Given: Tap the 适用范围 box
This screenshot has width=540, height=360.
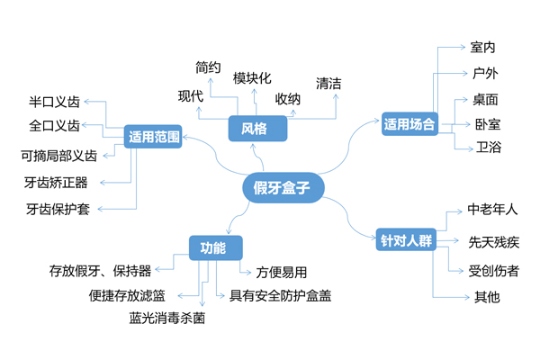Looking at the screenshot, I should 155,138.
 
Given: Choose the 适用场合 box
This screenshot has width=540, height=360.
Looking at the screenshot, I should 409,124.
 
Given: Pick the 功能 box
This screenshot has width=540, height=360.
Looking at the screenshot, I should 213,247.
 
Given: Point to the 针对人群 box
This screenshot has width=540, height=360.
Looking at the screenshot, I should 405,241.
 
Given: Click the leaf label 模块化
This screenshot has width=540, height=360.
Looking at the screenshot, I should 252,78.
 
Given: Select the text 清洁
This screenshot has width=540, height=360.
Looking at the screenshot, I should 328,83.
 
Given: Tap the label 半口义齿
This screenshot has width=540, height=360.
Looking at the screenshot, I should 54,101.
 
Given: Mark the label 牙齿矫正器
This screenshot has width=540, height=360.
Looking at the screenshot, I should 56,182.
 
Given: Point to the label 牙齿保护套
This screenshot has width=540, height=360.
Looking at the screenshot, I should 58,209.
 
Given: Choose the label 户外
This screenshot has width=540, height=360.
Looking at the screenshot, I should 482,73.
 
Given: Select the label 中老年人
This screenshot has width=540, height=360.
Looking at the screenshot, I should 493,210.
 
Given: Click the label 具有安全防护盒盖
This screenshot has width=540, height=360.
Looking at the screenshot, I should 280,294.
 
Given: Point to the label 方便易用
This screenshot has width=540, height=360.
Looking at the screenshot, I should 282,271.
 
